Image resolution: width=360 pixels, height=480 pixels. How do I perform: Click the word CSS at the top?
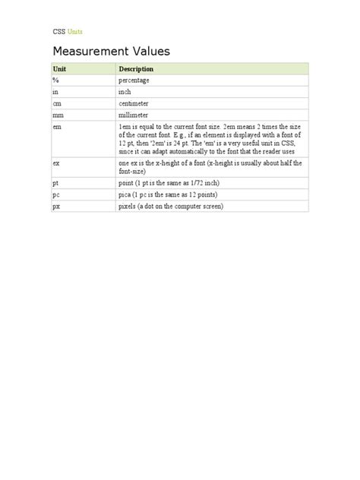(58, 32)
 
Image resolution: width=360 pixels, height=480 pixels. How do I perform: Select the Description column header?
(136, 69)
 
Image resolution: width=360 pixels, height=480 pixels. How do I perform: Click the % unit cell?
(55, 80)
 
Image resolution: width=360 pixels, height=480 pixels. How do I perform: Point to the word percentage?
(134, 80)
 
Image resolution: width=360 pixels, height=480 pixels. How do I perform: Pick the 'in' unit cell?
(55, 91)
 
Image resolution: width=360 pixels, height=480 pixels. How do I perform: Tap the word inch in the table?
(125, 91)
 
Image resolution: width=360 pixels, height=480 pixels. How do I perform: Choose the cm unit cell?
(57, 103)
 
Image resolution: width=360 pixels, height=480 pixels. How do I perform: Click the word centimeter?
(134, 103)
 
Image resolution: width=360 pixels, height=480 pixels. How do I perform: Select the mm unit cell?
(58, 114)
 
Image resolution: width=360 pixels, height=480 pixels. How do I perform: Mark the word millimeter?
(134, 114)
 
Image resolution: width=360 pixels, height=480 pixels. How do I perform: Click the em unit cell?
(57, 126)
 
